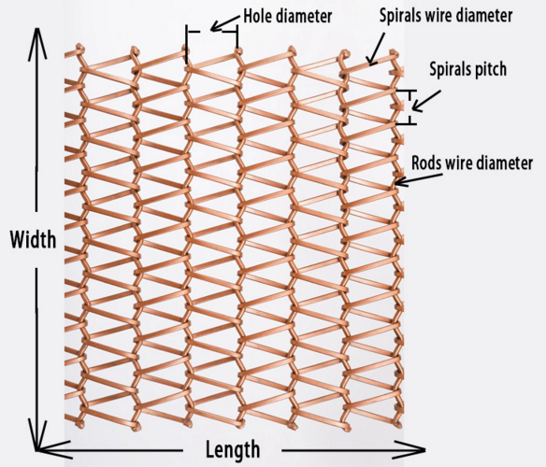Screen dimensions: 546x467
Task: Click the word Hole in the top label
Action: click(256, 16)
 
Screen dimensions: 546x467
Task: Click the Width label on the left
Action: click(33, 239)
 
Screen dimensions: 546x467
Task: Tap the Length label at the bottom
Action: click(233, 449)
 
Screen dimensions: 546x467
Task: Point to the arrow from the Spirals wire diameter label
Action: click(377, 50)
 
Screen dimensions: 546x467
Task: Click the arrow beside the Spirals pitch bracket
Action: click(426, 101)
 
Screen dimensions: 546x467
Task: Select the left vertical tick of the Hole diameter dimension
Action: click(187, 44)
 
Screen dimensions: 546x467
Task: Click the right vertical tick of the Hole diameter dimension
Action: click(237, 36)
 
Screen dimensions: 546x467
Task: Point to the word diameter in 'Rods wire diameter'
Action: click(501, 163)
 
